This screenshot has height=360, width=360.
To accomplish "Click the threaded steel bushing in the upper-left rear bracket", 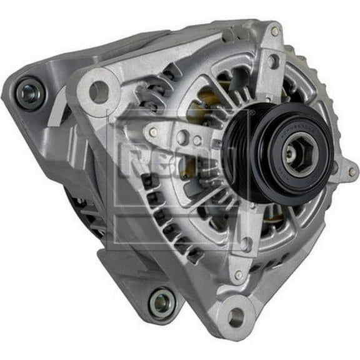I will (29, 92).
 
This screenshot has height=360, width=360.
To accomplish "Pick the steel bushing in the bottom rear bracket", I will (161, 302).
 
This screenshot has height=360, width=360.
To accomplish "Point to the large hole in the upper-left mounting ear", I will (99, 91).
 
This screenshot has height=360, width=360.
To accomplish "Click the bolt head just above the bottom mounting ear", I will (238, 276).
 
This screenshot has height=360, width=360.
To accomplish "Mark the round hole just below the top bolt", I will (273, 61).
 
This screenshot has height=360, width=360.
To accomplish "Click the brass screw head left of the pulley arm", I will (153, 132).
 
